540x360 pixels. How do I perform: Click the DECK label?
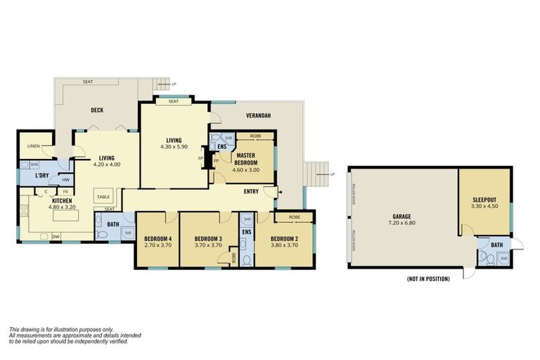(x=98, y=110)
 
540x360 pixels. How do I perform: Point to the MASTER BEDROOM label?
(x=246, y=158)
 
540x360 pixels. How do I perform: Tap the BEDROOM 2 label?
(x=285, y=239)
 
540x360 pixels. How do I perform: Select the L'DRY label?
(x=45, y=175)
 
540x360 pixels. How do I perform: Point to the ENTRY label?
(x=251, y=192)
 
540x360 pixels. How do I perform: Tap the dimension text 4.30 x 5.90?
(x=172, y=146)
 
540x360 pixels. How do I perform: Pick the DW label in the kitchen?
(x=56, y=237)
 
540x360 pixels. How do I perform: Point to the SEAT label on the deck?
(x=88, y=82)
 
